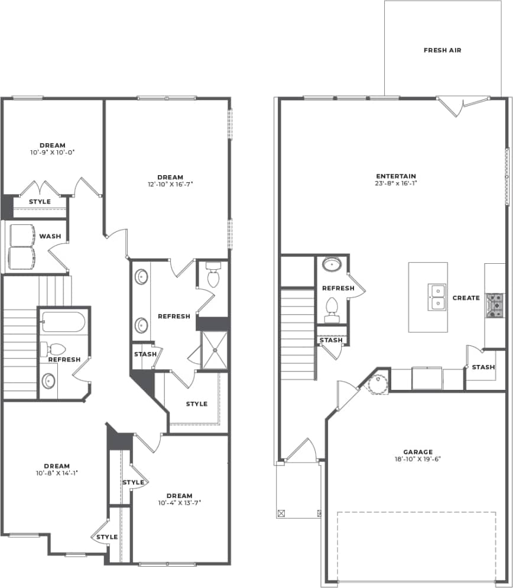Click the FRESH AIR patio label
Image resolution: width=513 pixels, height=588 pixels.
coord(442,50)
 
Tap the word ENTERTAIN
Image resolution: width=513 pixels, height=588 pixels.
coord(396,176)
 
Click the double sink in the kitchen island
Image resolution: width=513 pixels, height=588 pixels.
coord(437,297)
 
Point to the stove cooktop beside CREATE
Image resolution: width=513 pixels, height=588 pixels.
coord(494,305)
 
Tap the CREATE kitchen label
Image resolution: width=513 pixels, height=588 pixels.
coord(466,298)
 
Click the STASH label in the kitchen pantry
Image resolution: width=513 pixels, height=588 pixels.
coord(483,367)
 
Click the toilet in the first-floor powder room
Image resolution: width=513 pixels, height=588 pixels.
coord(332,309)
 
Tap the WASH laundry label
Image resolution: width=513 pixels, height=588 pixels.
coord(50,237)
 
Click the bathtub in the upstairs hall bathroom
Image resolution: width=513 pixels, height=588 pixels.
coord(63,322)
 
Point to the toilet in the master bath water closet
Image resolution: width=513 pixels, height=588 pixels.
coord(213,276)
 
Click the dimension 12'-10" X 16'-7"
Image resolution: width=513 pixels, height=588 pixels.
coord(170,185)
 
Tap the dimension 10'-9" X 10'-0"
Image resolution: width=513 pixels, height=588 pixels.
coord(53,153)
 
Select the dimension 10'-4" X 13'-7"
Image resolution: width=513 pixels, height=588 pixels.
coord(179,503)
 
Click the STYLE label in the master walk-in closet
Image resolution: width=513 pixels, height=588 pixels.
coord(197,404)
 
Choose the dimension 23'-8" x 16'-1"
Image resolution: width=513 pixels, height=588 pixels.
coord(396,183)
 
